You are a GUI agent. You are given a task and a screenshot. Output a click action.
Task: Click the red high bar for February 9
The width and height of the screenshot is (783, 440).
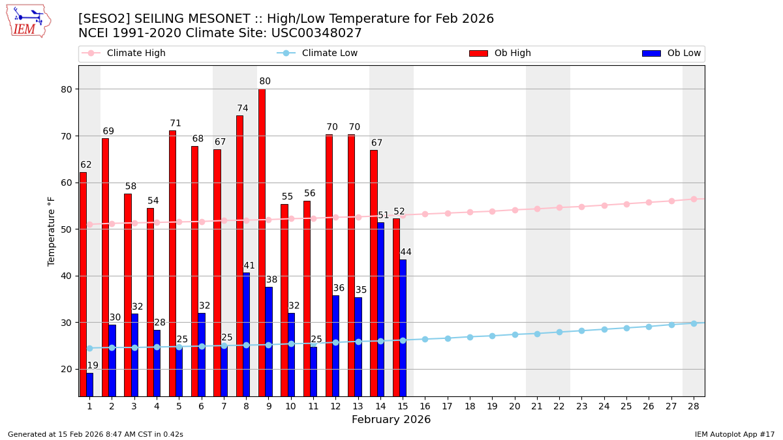(262, 241)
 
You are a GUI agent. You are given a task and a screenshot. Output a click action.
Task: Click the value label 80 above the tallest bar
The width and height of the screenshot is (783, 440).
(265, 81)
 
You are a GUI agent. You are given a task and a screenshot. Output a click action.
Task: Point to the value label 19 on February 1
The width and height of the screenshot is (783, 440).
(93, 366)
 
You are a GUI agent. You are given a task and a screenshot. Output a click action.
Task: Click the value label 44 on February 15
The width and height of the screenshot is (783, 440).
(406, 252)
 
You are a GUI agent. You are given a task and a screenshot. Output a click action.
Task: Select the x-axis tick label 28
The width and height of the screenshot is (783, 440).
(694, 406)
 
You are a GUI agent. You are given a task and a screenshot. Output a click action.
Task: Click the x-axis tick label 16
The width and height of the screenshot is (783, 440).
(425, 406)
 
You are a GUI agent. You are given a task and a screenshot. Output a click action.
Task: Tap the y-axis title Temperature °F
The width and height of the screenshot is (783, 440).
(52, 231)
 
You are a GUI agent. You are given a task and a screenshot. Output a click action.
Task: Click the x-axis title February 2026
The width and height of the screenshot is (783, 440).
(391, 420)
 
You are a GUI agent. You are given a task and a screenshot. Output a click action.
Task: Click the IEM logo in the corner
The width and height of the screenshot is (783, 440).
(28, 21)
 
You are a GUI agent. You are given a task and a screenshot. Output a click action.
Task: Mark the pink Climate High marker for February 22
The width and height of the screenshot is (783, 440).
(559, 207)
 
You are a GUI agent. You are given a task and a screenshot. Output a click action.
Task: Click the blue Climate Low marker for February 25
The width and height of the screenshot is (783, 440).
(626, 328)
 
